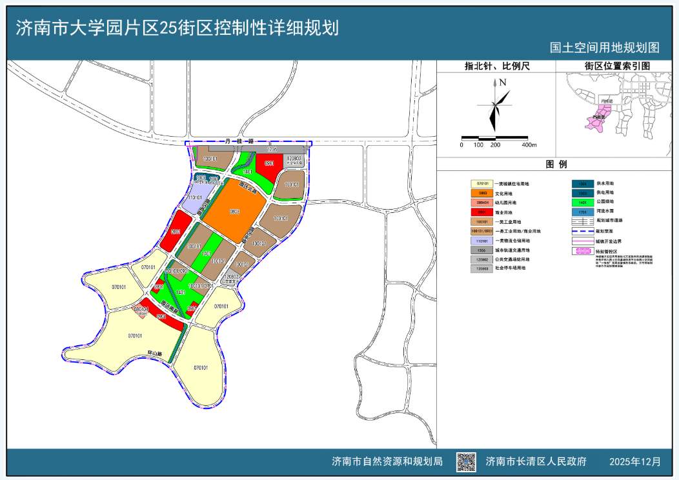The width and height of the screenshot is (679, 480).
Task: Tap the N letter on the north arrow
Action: [502, 83]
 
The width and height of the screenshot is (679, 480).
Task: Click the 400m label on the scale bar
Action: [529, 145]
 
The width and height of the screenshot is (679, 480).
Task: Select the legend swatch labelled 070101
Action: [480, 184]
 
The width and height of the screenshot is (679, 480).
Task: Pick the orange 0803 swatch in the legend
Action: [480, 194]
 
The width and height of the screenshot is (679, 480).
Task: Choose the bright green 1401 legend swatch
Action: [582, 202]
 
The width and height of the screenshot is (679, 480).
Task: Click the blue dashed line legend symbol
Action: [582, 230]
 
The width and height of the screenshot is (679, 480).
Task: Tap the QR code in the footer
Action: [466, 461]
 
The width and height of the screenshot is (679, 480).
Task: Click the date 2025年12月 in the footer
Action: [635, 462]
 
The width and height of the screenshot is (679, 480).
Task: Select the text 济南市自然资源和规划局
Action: [387, 462]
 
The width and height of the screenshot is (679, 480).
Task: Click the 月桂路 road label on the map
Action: [237, 140]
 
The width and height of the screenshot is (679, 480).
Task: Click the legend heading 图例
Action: [556, 165]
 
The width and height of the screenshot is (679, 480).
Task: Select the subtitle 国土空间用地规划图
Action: [604, 48]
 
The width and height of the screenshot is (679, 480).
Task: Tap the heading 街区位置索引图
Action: [617, 66]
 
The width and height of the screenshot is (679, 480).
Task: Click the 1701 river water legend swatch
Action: [582, 212]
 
